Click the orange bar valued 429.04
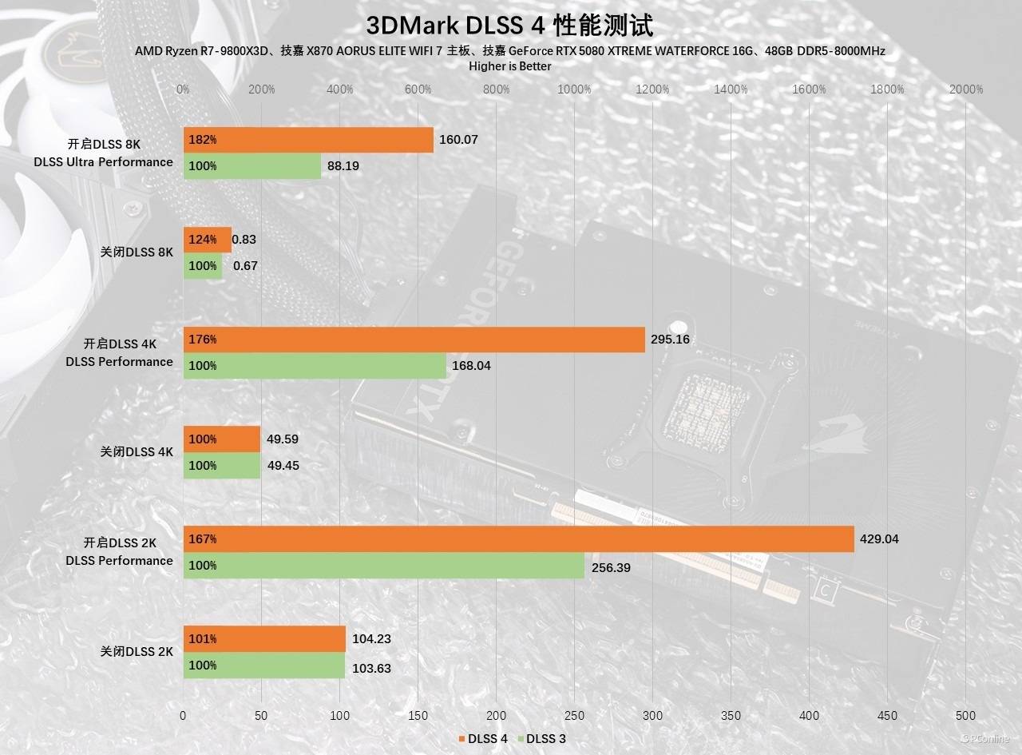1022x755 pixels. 519,539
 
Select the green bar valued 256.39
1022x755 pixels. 384,566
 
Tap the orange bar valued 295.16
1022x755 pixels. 414,340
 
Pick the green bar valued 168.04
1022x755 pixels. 315,366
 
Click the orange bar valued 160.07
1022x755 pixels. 308,140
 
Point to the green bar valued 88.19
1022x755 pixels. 252,166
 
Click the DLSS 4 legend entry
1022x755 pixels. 483,738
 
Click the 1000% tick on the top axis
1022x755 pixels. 574,89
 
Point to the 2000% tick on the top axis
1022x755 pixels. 966,89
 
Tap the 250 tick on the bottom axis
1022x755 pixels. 574,716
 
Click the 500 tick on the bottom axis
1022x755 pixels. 965,716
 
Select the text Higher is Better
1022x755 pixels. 510,66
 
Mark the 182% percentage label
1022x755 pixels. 203,140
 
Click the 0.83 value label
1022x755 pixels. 244,239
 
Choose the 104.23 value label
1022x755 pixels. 371,639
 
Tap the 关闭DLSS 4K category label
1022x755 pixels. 137,452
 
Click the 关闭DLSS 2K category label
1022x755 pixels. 137,652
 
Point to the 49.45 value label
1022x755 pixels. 283,466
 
